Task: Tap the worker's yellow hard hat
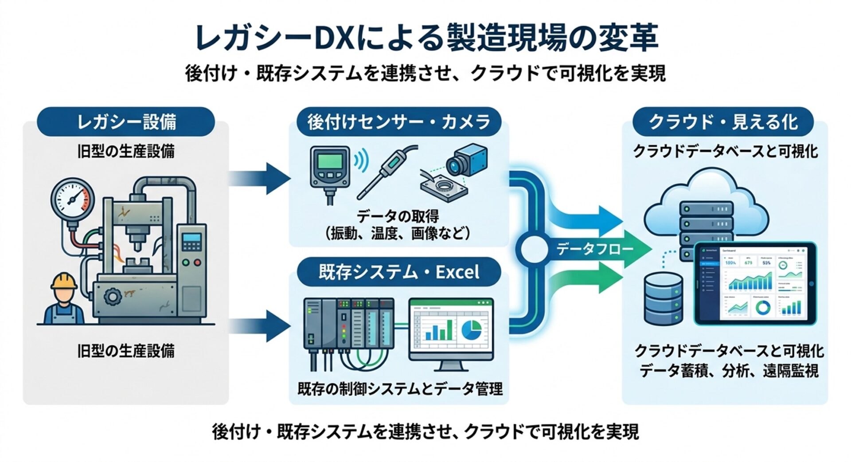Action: (64, 281)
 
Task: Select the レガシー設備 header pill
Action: (126, 121)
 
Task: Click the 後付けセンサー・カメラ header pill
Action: (398, 121)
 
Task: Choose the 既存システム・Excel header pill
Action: (398, 272)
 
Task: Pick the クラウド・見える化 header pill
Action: (723, 121)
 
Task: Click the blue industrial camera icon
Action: (465, 161)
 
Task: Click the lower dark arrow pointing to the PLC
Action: (262, 326)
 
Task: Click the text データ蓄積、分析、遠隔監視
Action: (728, 371)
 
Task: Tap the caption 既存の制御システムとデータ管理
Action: (399, 389)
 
